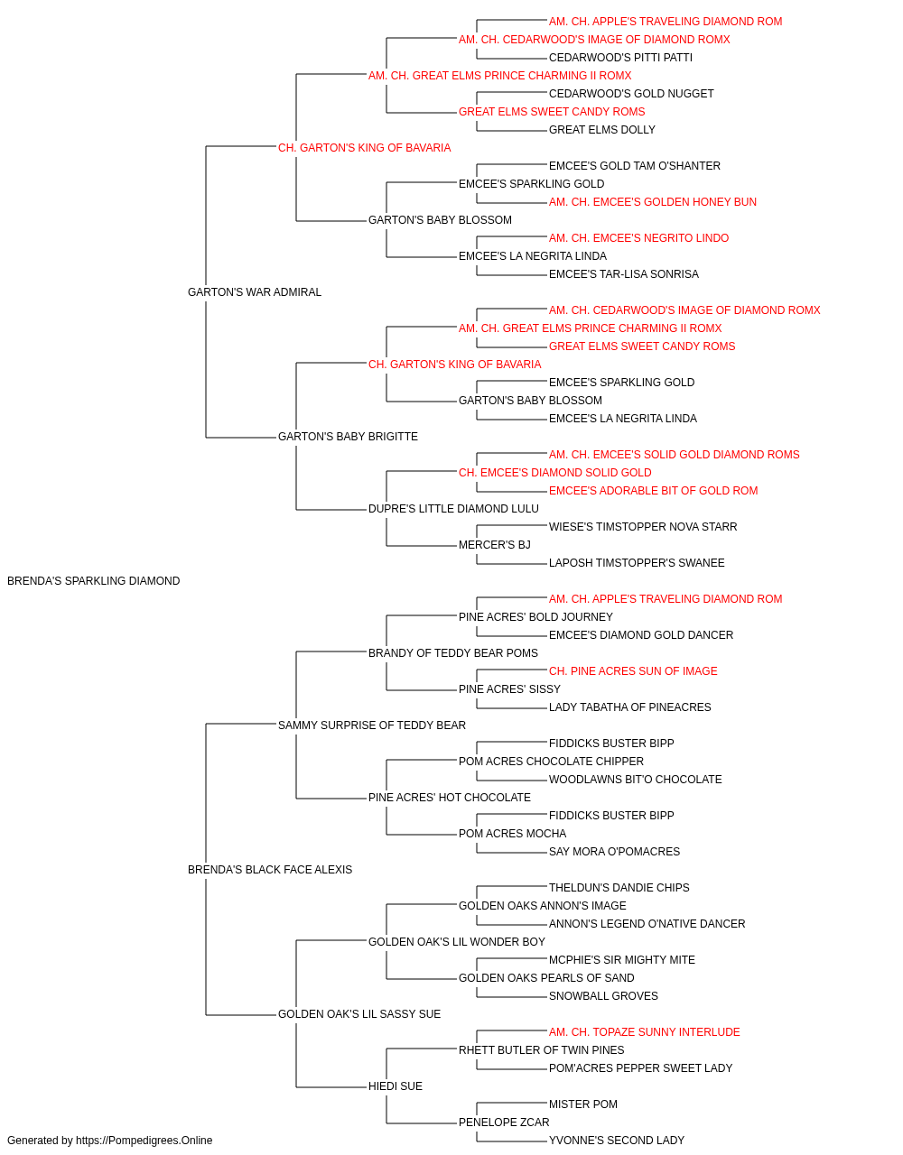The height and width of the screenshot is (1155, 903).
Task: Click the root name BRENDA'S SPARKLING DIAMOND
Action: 94,581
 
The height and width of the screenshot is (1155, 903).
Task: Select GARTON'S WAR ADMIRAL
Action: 255,292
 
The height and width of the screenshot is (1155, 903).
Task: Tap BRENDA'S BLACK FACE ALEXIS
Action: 270,870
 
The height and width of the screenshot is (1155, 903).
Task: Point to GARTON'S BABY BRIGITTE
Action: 348,437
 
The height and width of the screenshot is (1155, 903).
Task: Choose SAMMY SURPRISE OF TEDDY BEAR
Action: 372,725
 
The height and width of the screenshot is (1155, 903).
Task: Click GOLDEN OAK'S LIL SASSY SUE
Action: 359,1013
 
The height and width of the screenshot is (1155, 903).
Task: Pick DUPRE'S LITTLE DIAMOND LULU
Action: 453,509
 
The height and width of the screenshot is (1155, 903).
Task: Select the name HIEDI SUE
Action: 396,1086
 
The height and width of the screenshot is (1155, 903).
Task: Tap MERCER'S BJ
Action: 495,545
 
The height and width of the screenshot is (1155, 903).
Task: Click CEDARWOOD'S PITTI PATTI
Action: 620,58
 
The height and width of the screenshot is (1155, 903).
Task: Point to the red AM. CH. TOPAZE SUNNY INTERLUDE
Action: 644,1031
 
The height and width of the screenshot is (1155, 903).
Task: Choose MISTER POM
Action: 582,1104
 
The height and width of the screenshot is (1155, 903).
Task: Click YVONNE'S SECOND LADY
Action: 617,1141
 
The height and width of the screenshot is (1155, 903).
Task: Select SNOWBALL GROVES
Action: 603,995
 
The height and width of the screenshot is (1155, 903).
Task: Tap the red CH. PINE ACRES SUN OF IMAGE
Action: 633,670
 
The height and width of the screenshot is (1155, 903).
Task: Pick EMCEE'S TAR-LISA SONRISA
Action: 624,274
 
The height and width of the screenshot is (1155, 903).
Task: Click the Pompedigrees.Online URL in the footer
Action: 144,1141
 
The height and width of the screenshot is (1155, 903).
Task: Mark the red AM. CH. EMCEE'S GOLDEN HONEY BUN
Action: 653,202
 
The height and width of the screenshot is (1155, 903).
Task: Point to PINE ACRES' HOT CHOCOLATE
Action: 450,798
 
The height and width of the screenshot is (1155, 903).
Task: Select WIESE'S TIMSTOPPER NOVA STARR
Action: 643,527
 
